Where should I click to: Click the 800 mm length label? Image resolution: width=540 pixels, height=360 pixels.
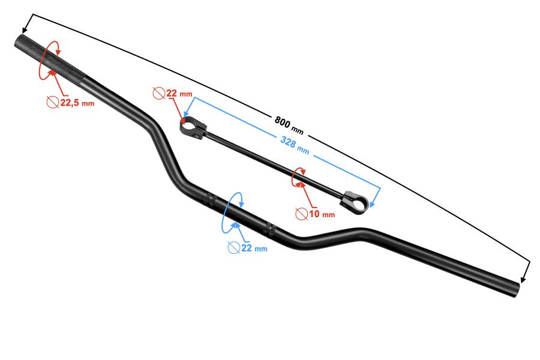click(x=289, y=125)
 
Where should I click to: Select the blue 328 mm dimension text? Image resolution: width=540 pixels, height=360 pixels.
click(x=295, y=145)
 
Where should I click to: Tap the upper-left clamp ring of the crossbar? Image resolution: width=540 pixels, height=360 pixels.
click(x=192, y=127)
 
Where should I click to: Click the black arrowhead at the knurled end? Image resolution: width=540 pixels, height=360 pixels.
click(x=24, y=29)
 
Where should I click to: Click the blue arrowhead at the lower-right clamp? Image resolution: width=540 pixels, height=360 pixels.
click(x=372, y=205)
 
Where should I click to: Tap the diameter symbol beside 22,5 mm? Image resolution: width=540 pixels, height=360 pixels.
click(x=53, y=103)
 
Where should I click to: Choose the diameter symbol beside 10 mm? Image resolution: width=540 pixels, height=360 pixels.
click(x=301, y=214)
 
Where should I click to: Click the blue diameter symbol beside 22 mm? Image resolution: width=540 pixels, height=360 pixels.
click(x=234, y=248)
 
